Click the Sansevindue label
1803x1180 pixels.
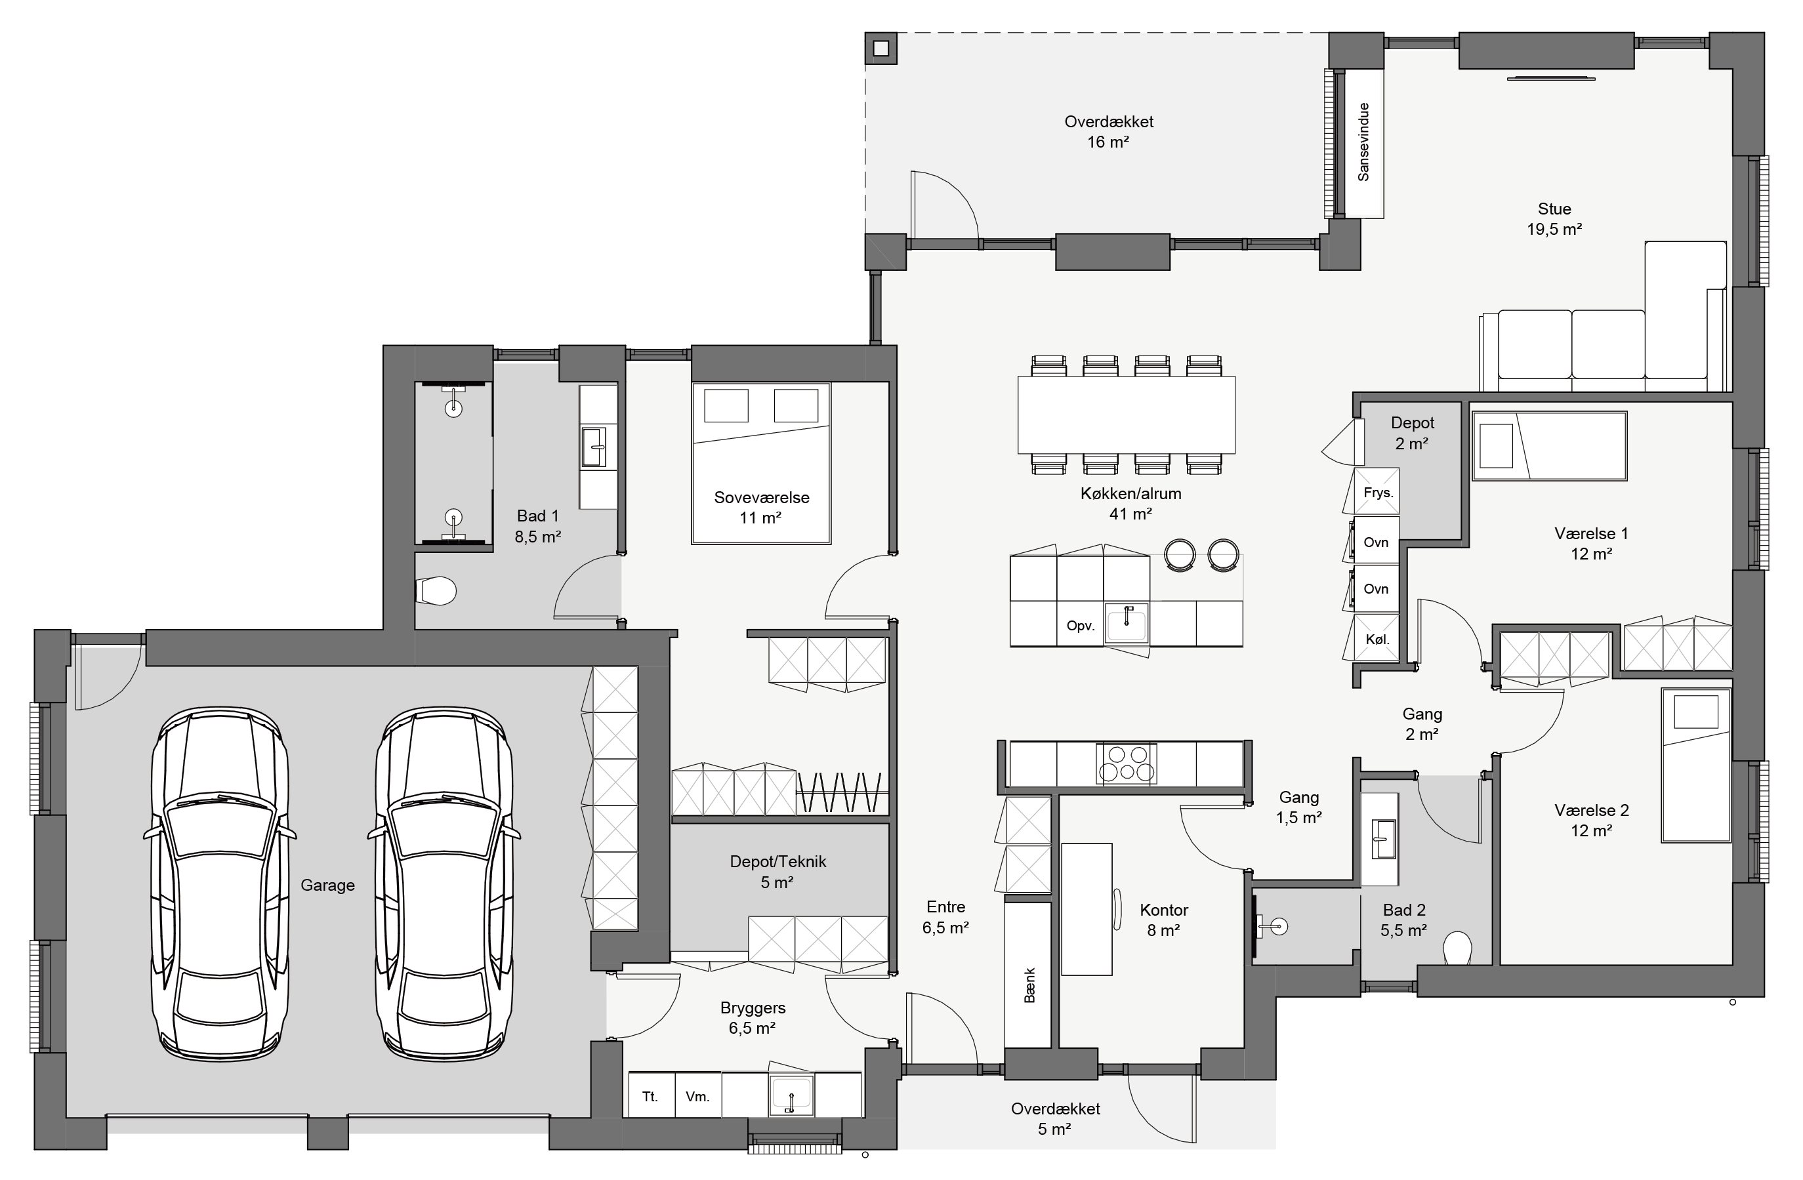pos(1363,142)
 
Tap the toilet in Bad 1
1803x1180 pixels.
pos(436,592)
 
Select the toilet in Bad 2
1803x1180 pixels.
pos(1457,948)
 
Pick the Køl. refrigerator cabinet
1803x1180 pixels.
pos(1377,638)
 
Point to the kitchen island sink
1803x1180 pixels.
pos(1127,623)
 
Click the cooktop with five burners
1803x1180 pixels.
pos(1127,763)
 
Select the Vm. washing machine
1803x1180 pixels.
pos(697,1095)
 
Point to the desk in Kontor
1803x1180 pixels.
pos(1087,909)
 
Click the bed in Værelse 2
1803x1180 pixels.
pos(1696,765)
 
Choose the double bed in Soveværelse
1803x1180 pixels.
pos(760,463)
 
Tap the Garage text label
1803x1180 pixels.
pos(327,885)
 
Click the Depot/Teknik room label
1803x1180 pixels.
pos(778,861)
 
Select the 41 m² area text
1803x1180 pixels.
pos(1130,514)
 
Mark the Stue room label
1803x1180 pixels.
pos(1554,209)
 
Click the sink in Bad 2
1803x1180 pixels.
pos(1384,838)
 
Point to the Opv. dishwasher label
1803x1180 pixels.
pos(1080,626)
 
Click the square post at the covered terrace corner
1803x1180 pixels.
pos(881,49)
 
